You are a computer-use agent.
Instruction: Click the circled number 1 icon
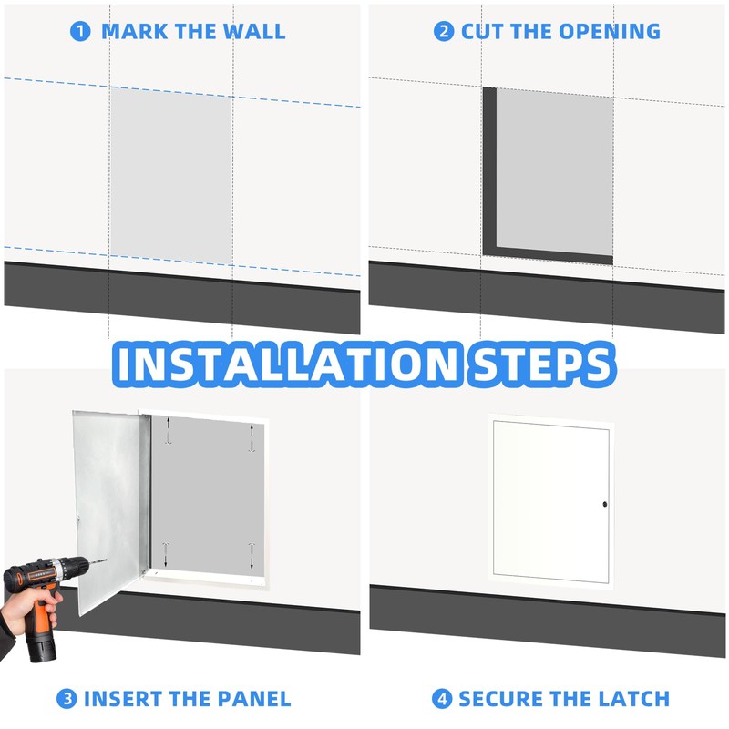[81, 31]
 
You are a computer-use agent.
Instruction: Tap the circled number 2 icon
[444, 31]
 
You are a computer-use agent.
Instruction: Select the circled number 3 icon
[67, 699]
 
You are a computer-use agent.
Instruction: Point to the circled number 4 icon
[442, 699]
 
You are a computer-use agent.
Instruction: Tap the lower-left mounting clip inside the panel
[166, 552]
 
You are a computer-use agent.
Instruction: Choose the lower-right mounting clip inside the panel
[252, 553]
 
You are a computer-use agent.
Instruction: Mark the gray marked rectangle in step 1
[171, 173]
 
